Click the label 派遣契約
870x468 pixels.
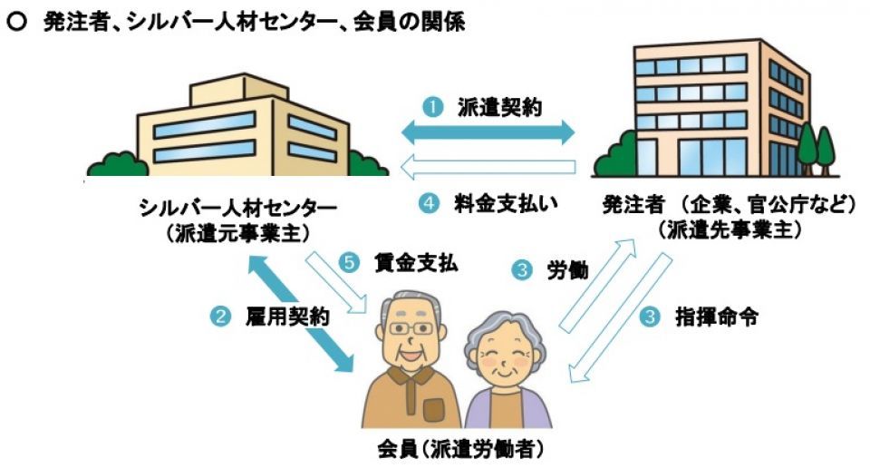coord(499,107)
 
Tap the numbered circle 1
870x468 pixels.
coord(433,107)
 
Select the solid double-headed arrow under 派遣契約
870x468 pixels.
coord(488,132)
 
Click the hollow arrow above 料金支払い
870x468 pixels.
coord(488,167)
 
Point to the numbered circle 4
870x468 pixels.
coord(429,203)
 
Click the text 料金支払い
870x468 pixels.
coord(506,203)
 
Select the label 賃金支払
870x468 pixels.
coord(416,262)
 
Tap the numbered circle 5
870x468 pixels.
coord(350,262)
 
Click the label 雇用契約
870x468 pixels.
coord(287,317)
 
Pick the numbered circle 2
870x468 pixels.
coord(220,317)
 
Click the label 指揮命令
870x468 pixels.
coord(716,317)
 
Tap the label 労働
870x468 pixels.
coord(567,270)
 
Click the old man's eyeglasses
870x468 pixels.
coord(411,328)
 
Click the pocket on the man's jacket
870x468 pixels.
coord(434,410)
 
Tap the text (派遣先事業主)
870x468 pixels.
coord(729,229)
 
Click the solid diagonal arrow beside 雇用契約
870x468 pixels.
coord(300,314)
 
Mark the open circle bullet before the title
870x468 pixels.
coord(16,22)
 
